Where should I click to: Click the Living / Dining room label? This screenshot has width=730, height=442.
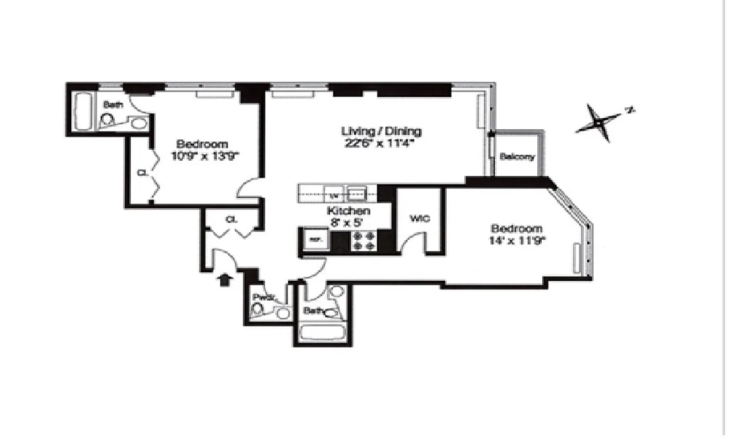[x=381, y=131]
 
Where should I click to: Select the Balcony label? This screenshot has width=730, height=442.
[x=517, y=157]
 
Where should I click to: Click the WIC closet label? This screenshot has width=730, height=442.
[x=420, y=218]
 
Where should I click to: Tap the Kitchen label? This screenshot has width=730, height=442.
[x=348, y=211]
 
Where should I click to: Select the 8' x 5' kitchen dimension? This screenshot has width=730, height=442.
[x=348, y=222]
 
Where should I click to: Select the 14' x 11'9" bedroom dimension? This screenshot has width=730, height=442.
[x=516, y=240]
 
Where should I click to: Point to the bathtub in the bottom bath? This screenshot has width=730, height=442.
[x=321, y=333]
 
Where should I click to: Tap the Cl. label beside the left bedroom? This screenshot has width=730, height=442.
[x=141, y=172]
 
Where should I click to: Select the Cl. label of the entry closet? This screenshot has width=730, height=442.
[x=231, y=219]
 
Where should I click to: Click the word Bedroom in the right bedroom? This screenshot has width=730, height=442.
[x=516, y=229]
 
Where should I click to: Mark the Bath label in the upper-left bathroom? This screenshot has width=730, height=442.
[x=114, y=104]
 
